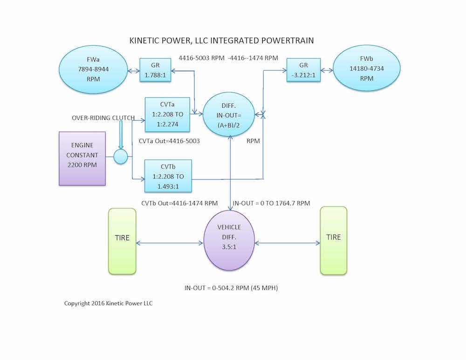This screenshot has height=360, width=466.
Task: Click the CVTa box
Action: point(168,114)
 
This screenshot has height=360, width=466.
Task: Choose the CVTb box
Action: point(168,176)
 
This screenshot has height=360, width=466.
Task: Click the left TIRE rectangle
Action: point(122,241)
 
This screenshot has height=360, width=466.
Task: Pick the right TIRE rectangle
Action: point(334,240)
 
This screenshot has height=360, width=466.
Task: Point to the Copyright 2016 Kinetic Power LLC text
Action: point(109,303)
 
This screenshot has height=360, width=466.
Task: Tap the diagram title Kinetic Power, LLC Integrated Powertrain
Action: point(221,41)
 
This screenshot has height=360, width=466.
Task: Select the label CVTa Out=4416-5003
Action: point(170,140)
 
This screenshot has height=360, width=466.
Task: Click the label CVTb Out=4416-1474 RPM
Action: point(179,203)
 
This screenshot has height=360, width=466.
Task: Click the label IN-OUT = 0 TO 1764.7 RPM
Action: point(272,203)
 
